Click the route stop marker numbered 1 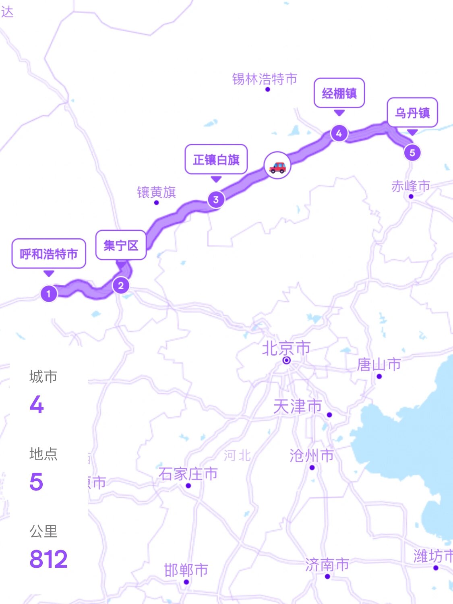(49, 294)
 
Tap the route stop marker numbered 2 (121, 286)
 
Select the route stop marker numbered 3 (216, 199)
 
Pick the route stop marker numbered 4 (339, 133)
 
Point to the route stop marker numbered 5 (412, 153)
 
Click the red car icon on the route (277, 166)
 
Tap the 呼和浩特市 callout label (49, 254)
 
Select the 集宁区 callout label (121, 245)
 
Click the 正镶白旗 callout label (216, 159)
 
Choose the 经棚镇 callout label (339, 93)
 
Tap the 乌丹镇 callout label (412, 113)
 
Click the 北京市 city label (286, 349)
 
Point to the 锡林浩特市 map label (265, 79)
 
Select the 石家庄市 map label (188, 474)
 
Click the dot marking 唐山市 (379, 376)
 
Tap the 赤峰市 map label (411, 186)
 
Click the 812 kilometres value (48, 559)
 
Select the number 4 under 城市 (37, 404)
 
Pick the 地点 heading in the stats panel (43, 454)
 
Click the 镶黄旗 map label (157, 192)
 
